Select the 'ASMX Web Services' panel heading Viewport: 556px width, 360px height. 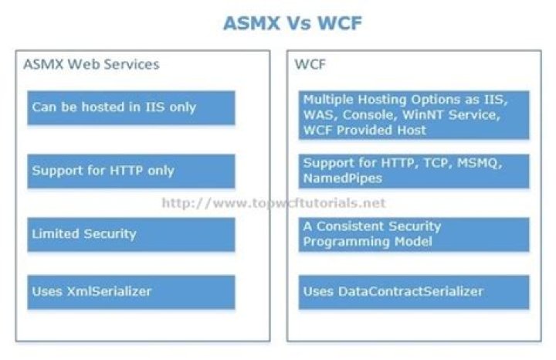click(91, 64)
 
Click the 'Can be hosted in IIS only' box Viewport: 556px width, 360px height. click(131, 107)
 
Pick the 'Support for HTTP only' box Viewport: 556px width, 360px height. click(131, 171)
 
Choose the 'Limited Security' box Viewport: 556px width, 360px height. click(131, 233)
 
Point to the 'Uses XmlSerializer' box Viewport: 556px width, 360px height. click(131, 292)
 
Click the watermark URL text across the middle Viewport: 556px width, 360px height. click(273, 203)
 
